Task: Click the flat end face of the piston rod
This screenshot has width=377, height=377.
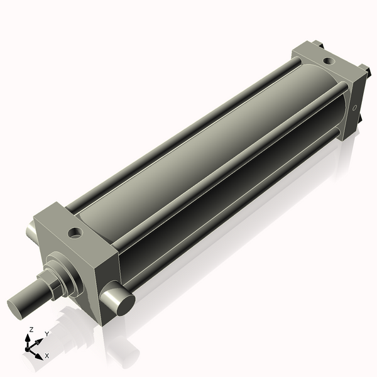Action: coord(18,307)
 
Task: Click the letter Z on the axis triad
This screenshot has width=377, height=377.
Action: coord(31,330)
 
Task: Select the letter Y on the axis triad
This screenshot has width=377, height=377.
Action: coord(46,334)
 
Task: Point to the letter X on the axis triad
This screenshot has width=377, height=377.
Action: coord(46,356)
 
